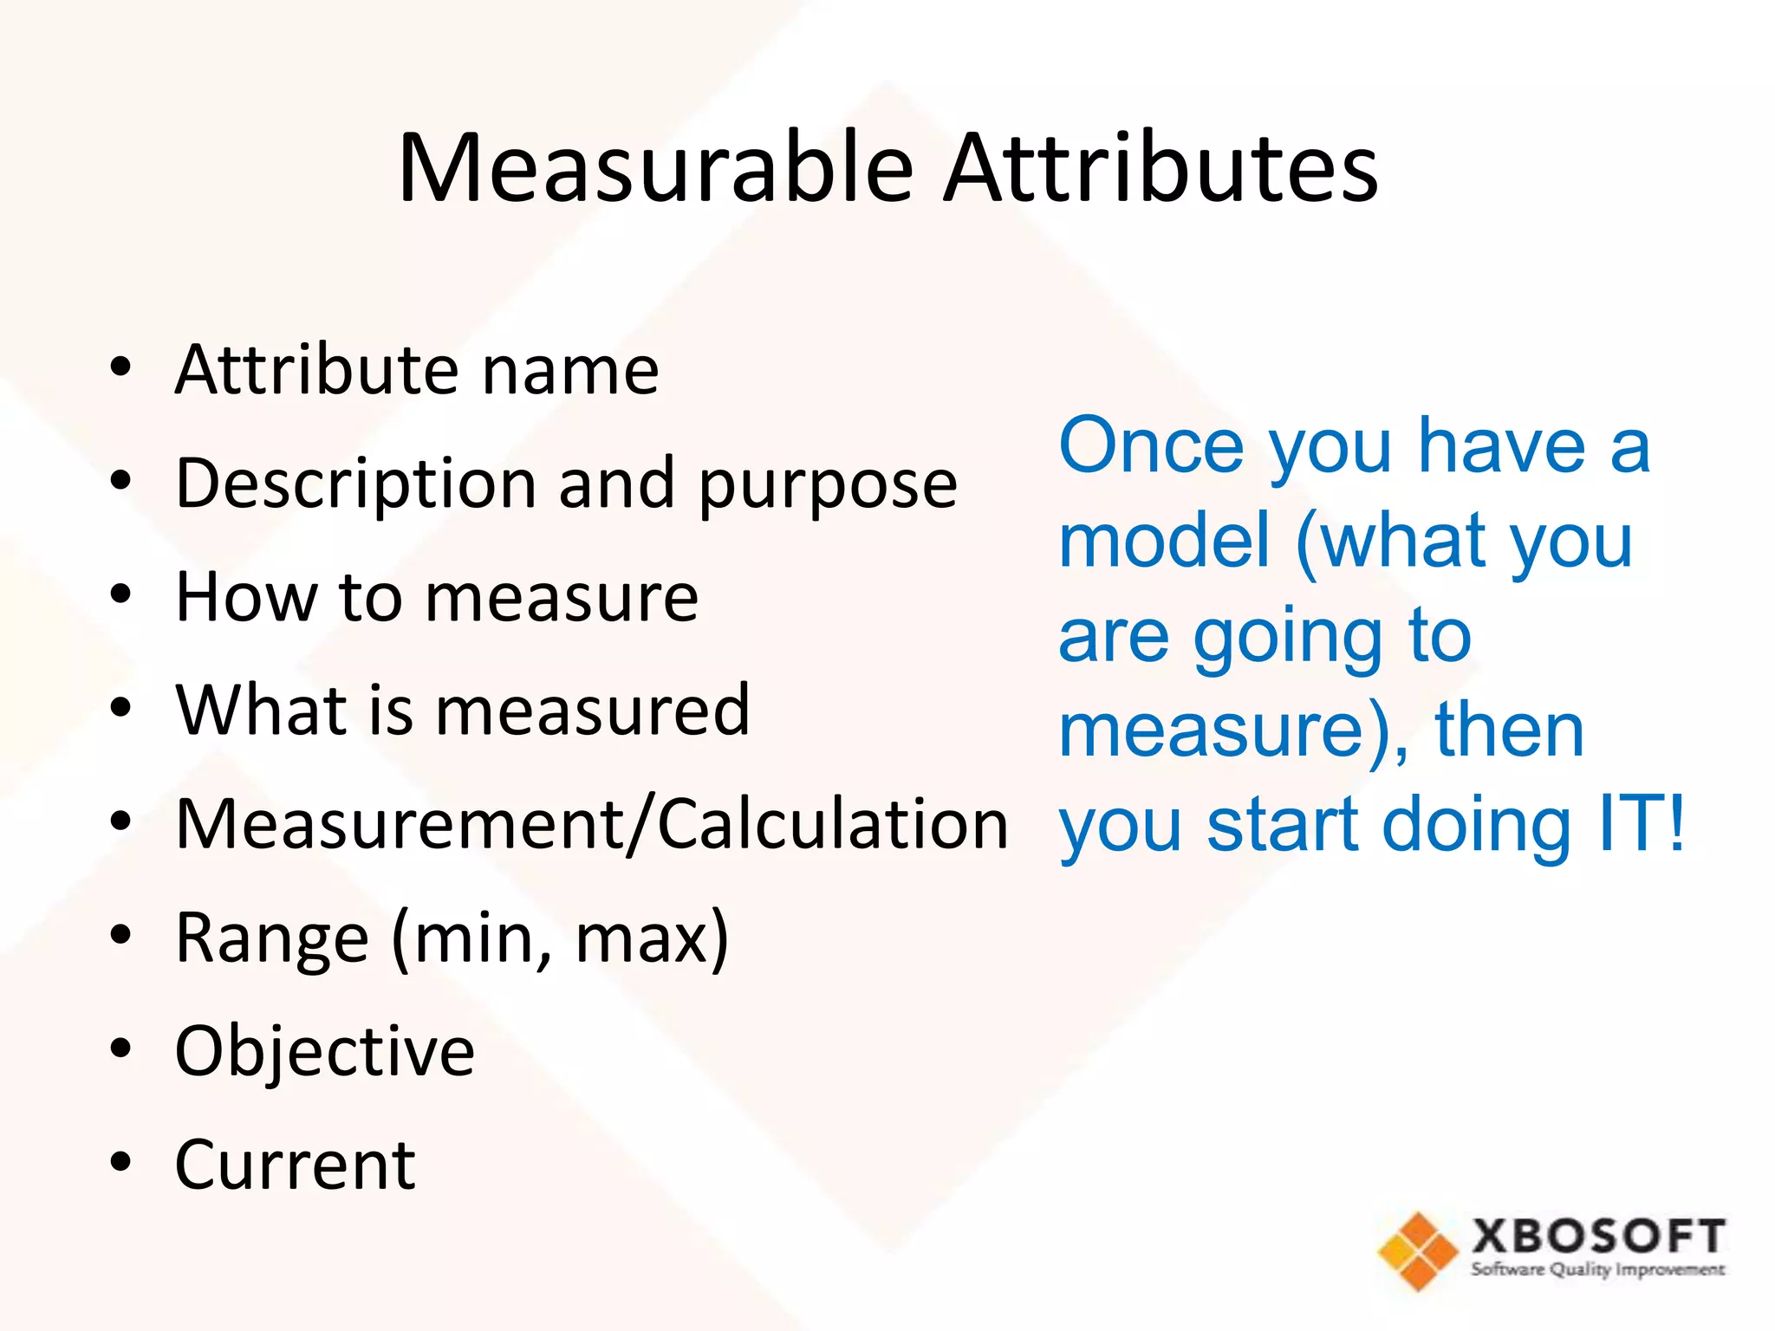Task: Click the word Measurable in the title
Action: tap(655, 167)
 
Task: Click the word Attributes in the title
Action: tap(1161, 167)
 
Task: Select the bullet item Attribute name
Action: tap(417, 370)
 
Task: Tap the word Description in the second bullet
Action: tap(355, 484)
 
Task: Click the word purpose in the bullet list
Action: tap(828, 485)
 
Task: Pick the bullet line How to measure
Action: tap(436, 597)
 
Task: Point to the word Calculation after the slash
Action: tap(833, 823)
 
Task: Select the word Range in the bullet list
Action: tap(271, 938)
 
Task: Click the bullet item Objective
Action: tap(325, 1051)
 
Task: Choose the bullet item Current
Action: tap(295, 1165)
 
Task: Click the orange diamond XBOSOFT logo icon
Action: tap(1417, 1250)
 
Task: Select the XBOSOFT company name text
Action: tap(1598, 1236)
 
